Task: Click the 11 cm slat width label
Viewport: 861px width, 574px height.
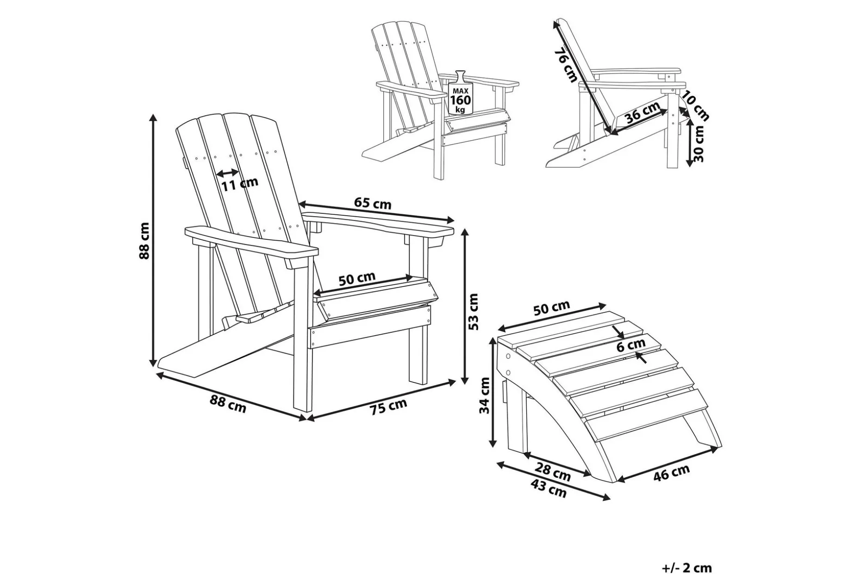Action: (x=239, y=184)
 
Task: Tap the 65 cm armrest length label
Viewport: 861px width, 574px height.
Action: (x=373, y=203)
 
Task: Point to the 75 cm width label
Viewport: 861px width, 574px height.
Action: (x=388, y=407)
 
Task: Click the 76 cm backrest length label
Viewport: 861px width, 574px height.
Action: (x=566, y=66)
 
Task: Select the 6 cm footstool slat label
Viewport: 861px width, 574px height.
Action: (x=631, y=344)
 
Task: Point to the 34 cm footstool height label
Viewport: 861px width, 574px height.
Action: (x=484, y=395)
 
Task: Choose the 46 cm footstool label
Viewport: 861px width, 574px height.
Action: (x=671, y=473)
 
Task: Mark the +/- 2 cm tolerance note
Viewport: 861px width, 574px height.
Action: (x=687, y=568)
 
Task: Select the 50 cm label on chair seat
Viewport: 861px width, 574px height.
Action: (x=356, y=279)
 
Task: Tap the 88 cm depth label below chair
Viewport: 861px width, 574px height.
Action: (x=228, y=404)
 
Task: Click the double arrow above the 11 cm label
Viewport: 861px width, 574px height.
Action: (x=228, y=173)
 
